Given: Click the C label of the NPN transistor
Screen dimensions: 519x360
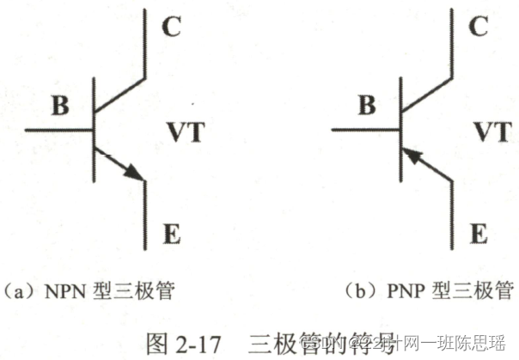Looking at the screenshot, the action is [x=170, y=28].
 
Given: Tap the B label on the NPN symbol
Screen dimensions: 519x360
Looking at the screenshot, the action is [x=59, y=107].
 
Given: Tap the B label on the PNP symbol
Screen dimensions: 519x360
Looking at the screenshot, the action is [x=367, y=107].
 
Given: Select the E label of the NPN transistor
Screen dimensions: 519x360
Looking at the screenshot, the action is [x=170, y=232].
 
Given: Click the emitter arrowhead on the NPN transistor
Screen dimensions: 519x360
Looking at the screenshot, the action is [x=131, y=171].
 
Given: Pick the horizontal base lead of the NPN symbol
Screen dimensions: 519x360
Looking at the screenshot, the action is [x=60, y=131].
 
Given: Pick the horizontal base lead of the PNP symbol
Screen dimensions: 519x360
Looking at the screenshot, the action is [x=367, y=131].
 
